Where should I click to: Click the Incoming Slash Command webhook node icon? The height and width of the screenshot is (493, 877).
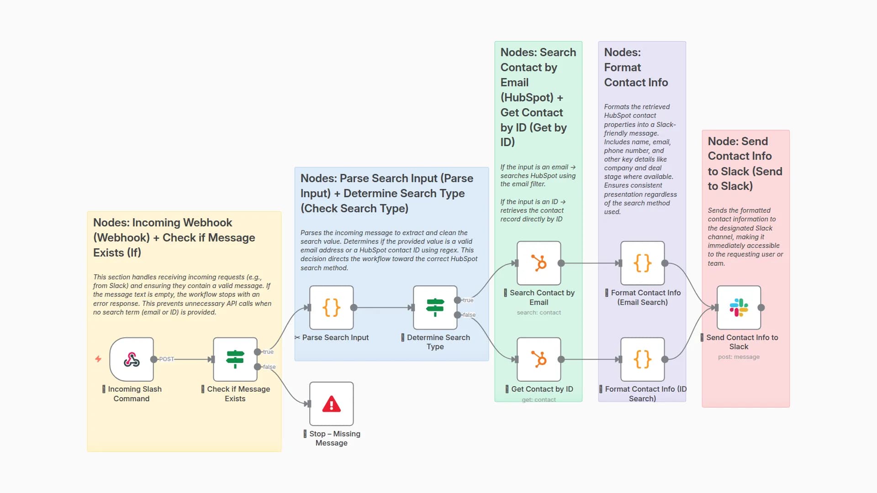pos(132,359)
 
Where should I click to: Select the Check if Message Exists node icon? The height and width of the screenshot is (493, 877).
pos(235,359)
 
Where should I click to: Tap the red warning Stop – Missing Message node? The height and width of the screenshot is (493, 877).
pos(331,404)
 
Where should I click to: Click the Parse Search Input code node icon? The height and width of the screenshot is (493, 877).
pos(331,308)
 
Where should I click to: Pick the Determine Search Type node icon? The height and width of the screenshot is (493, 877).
pos(435,308)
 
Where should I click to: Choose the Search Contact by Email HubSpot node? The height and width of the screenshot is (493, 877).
pos(539,263)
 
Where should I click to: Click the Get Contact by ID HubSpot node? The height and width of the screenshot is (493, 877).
pos(539,359)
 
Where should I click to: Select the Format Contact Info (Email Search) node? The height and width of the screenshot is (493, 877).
pos(642,263)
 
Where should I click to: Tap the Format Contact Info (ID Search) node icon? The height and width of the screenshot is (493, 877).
pos(642,359)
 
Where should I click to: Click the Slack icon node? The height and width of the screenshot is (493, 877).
pos(739,308)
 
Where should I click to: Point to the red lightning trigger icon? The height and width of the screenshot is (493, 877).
pos(98,359)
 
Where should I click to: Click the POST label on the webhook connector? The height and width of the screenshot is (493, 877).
pos(167,359)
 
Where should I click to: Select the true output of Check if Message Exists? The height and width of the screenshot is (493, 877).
pos(258,352)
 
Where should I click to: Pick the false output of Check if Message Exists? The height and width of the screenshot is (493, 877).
pos(258,367)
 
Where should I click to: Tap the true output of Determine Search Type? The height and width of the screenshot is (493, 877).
pos(458,300)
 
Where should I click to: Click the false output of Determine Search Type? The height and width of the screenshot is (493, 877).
pos(458,315)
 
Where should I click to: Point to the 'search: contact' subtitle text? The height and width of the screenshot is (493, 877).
pos(539,313)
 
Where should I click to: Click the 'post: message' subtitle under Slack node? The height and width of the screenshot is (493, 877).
pos(739,357)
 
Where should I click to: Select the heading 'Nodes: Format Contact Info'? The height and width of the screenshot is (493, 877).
pos(636,68)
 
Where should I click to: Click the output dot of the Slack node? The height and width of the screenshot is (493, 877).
pos(761,308)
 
